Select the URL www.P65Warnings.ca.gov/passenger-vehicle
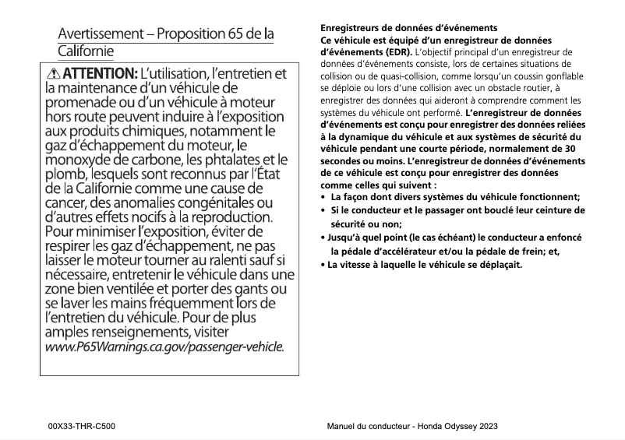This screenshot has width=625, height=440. point(164,347)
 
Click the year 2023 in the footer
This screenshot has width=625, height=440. point(486,426)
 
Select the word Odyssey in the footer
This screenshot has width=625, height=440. point(456,426)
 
